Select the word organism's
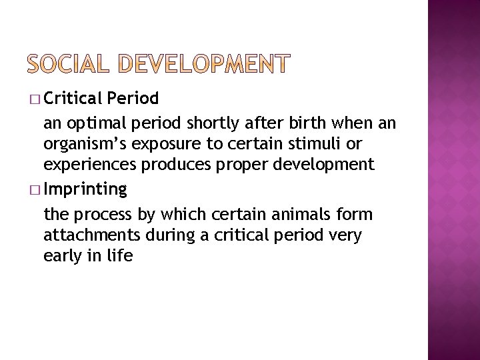tap(84, 144)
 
